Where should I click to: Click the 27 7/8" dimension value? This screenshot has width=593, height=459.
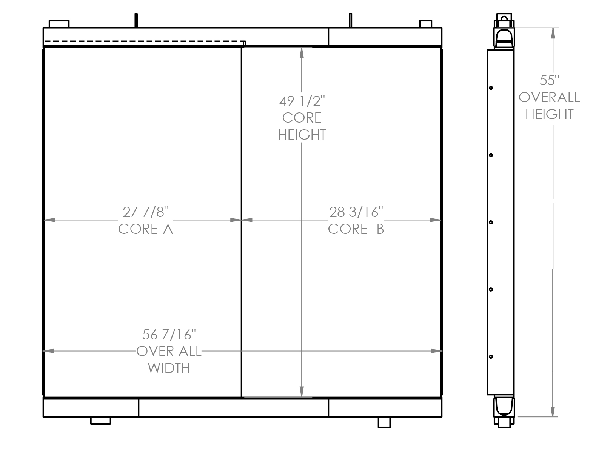(146, 212)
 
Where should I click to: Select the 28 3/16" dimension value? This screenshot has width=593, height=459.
(356, 212)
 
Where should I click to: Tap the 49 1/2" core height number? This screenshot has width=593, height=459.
(302, 101)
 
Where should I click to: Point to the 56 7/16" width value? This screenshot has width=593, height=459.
(169, 335)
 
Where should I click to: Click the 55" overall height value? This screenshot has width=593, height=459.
(549, 80)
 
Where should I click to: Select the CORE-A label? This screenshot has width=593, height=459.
(145, 229)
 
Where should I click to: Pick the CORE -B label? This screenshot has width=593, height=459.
(356, 229)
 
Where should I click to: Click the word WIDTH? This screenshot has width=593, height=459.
(169, 368)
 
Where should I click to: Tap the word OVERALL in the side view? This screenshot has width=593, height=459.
(549, 97)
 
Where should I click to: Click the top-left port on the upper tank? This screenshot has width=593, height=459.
(59, 24)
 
